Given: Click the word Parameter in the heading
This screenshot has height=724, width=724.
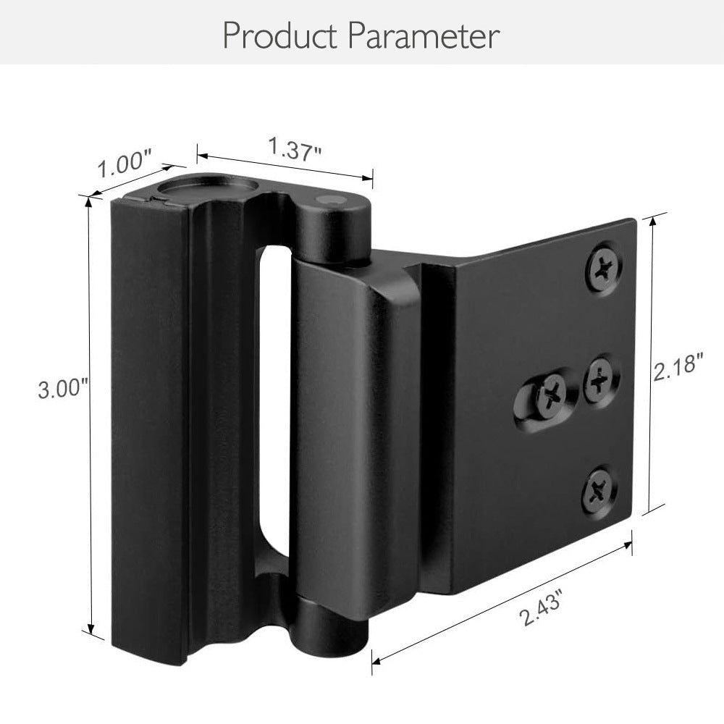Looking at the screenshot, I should pyautogui.click(x=423, y=35).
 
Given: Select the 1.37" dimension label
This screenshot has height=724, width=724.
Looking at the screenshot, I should pyautogui.click(x=294, y=150).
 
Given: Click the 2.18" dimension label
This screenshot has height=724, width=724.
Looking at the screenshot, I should pyautogui.click(x=678, y=368).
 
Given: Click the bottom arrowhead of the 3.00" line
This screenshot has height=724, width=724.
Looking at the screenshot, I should pyautogui.click(x=90, y=631).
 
